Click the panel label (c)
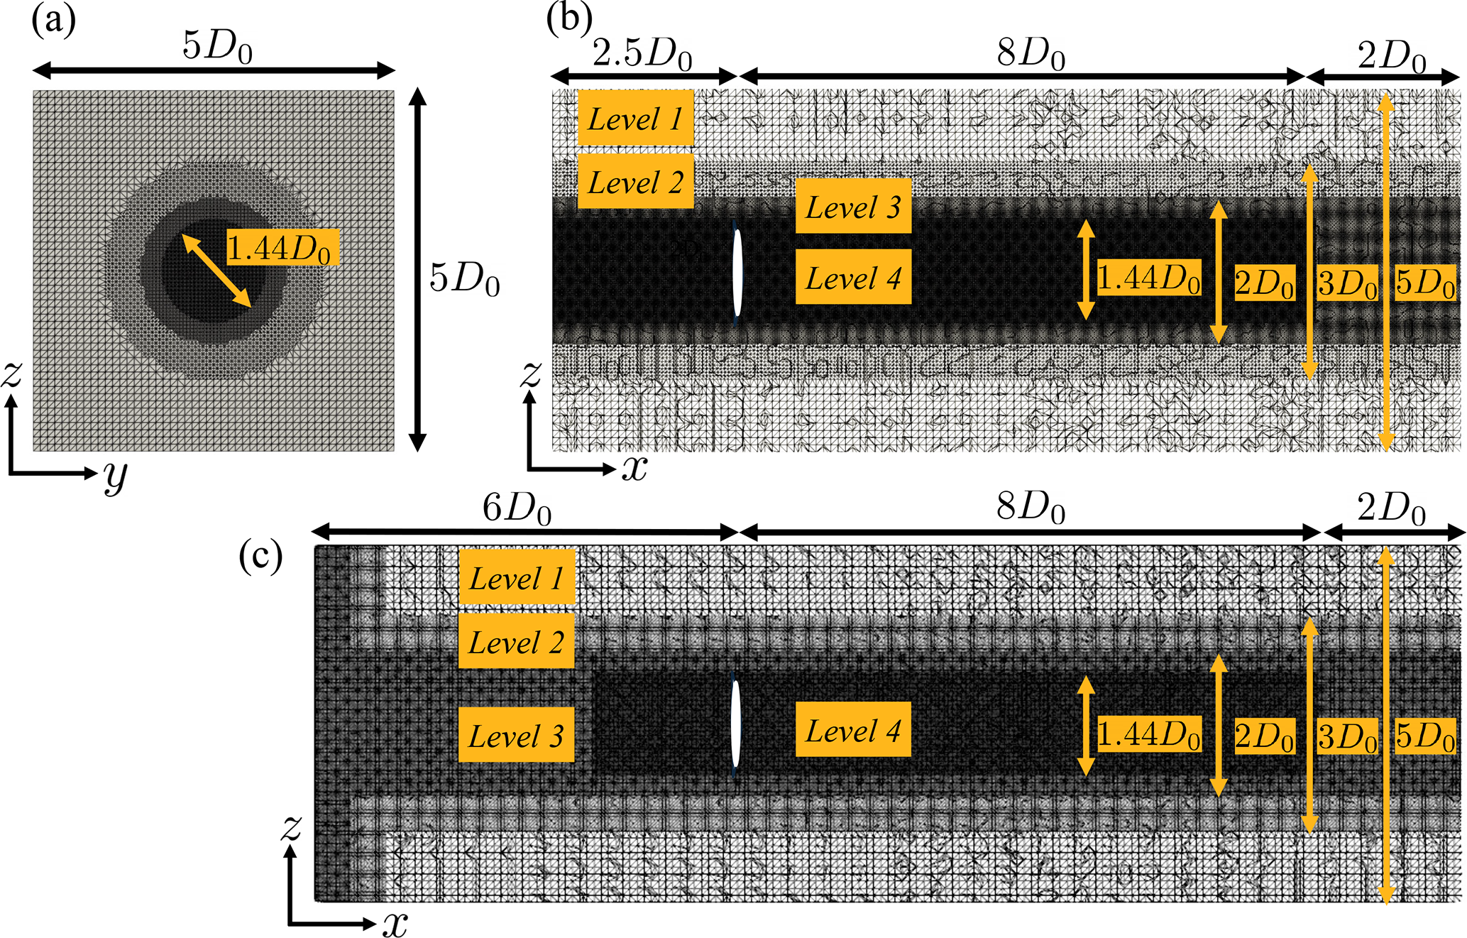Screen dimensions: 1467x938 coord(261,556)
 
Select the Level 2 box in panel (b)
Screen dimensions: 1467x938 coord(635,182)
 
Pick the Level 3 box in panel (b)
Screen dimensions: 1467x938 coord(853,206)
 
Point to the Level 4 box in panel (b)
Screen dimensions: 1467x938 coord(853,277)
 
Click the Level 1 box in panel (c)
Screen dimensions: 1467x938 coord(517,577)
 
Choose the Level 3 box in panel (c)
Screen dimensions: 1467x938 coord(517,734)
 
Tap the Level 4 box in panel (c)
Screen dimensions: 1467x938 coord(853,729)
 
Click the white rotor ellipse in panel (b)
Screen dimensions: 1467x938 coord(737,273)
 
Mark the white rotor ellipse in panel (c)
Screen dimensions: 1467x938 coord(736,724)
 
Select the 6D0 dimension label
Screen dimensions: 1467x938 coord(517,508)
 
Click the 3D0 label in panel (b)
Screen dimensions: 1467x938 coord(1348,283)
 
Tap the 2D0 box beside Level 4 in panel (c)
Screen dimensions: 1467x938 coord(1265,735)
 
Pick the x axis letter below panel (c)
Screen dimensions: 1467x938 coord(395,923)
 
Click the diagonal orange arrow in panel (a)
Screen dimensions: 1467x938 coord(216,271)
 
